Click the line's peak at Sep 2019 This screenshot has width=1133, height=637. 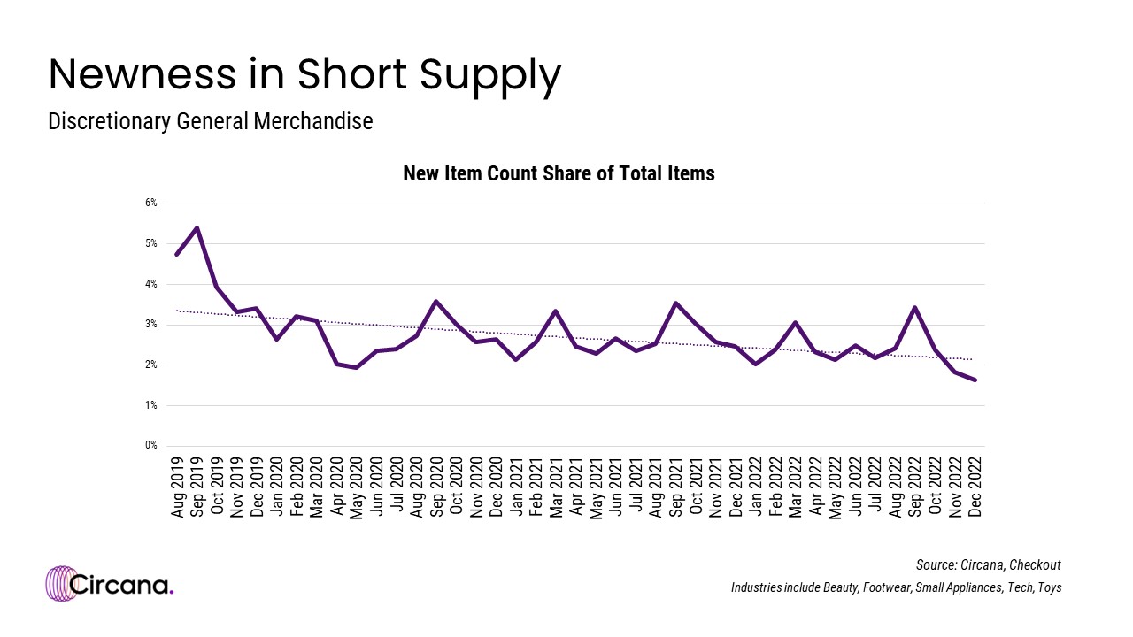[197, 227]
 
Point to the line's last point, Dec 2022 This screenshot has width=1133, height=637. [975, 380]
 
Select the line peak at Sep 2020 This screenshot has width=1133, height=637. [435, 302]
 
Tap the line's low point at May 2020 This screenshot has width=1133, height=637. [356, 367]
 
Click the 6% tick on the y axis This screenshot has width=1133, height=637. [150, 203]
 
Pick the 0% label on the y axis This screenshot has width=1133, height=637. [150, 446]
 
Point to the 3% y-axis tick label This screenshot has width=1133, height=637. [150, 325]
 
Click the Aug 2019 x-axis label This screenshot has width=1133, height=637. [177, 486]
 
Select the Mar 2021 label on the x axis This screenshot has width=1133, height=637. [555, 486]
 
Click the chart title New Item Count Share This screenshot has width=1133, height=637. [559, 173]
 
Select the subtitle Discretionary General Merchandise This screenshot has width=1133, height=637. [210, 122]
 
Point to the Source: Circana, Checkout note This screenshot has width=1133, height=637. [988, 564]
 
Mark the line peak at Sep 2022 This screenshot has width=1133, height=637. [914, 308]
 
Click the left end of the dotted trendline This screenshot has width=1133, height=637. [178, 311]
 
